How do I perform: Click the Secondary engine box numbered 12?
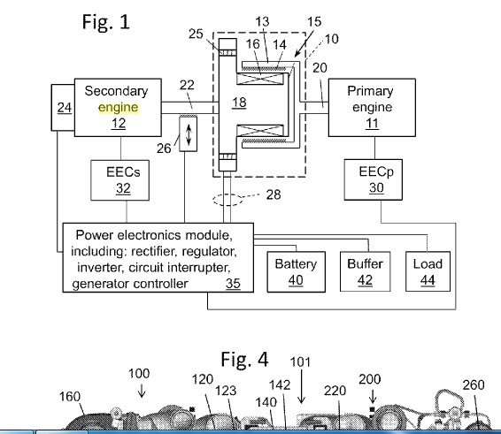(x=118, y=107)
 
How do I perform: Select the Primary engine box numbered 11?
(x=372, y=107)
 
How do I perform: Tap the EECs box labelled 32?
(x=120, y=180)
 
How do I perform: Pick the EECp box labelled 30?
(x=374, y=179)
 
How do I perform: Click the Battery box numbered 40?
(x=297, y=271)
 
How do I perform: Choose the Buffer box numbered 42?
(x=366, y=271)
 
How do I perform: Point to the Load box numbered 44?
(x=428, y=271)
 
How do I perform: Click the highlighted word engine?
(x=119, y=108)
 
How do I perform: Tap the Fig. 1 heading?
(x=105, y=22)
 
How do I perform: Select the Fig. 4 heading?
(x=245, y=359)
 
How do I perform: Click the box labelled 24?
(x=63, y=108)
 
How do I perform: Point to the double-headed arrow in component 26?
(x=189, y=134)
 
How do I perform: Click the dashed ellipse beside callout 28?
(x=227, y=200)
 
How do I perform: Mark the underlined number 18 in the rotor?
(x=239, y=103)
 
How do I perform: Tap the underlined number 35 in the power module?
(x=233, y=284)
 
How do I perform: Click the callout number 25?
(x=196, y=34)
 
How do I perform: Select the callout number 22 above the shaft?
(x=187, y=85)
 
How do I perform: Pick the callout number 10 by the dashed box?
(x=332, y=39)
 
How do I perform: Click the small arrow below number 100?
(x=142, y=391)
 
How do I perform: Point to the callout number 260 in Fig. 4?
(x=474, y=385)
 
